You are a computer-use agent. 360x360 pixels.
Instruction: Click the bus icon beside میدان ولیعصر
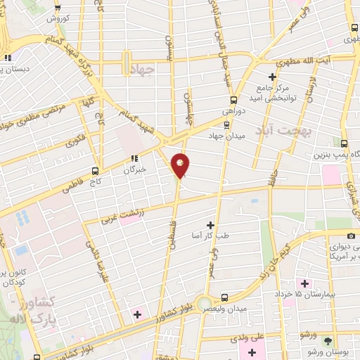click(x=224, y=297)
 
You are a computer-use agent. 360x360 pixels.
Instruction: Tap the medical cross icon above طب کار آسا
click(x=210, y=224)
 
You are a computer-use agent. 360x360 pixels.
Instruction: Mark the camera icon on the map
click(x=351, y=236)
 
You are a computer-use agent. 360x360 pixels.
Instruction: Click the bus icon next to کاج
click(x=96, y=170)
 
